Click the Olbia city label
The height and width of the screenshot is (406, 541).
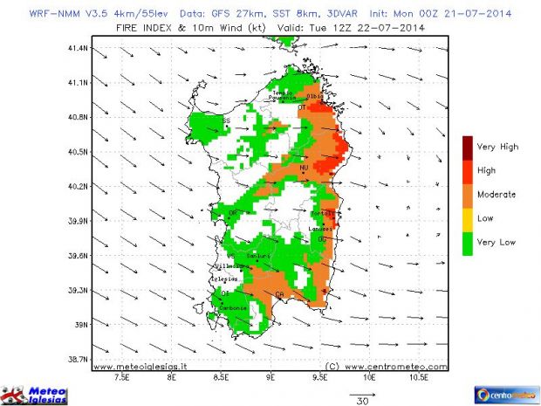[x=316, y=95]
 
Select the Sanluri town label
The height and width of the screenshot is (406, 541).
[x=257, y=255]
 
